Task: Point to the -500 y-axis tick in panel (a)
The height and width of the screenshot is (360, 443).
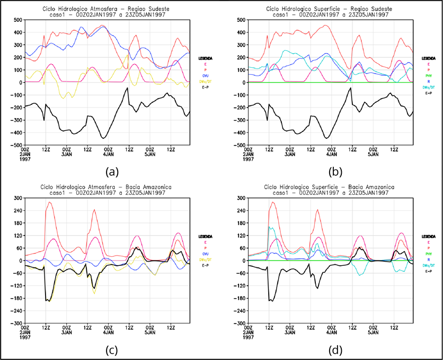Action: tap(12, 145)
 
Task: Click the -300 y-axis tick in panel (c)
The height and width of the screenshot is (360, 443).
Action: tap(12, 323)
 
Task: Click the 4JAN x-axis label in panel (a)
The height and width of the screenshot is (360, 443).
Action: tap(109, 155)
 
